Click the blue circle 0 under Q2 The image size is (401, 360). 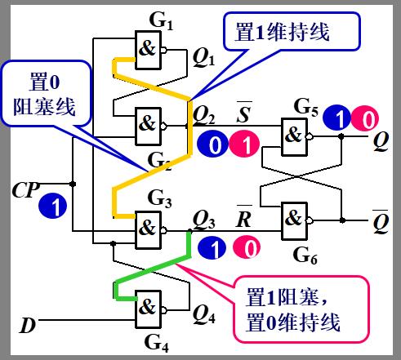point(212,144)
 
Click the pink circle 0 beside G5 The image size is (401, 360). point(366,119)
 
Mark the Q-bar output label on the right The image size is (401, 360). point(381,220)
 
